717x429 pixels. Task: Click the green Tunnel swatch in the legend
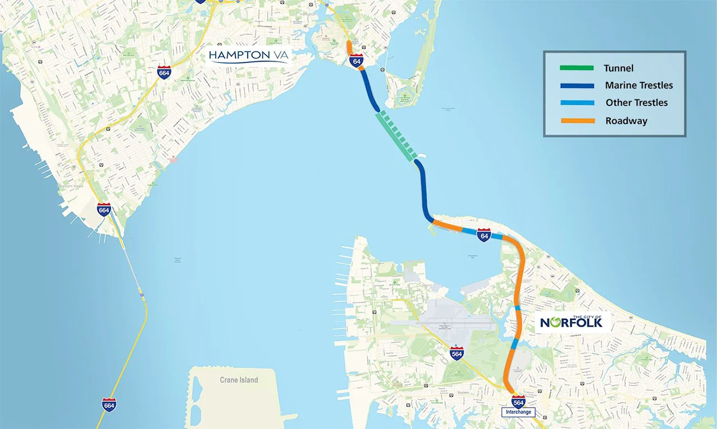[576, 68]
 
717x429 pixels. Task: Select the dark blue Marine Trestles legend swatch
[576, 86]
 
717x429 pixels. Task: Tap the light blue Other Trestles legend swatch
[576, 103]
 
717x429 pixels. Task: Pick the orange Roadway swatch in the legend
[576, 120]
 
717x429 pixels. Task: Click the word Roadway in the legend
[626, 120]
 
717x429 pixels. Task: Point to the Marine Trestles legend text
[639, 86]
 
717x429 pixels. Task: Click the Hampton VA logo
[248, 55]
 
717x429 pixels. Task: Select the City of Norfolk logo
[571, 321]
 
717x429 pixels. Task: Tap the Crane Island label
[239, 380]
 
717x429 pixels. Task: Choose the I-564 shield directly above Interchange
[518, 401]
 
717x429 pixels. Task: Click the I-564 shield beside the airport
[457, 353]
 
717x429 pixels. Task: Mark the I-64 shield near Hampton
[356, 61]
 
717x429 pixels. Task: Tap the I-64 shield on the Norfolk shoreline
[484, 235]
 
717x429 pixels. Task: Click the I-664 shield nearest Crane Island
[109, 404]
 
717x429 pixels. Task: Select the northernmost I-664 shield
[164, 72]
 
